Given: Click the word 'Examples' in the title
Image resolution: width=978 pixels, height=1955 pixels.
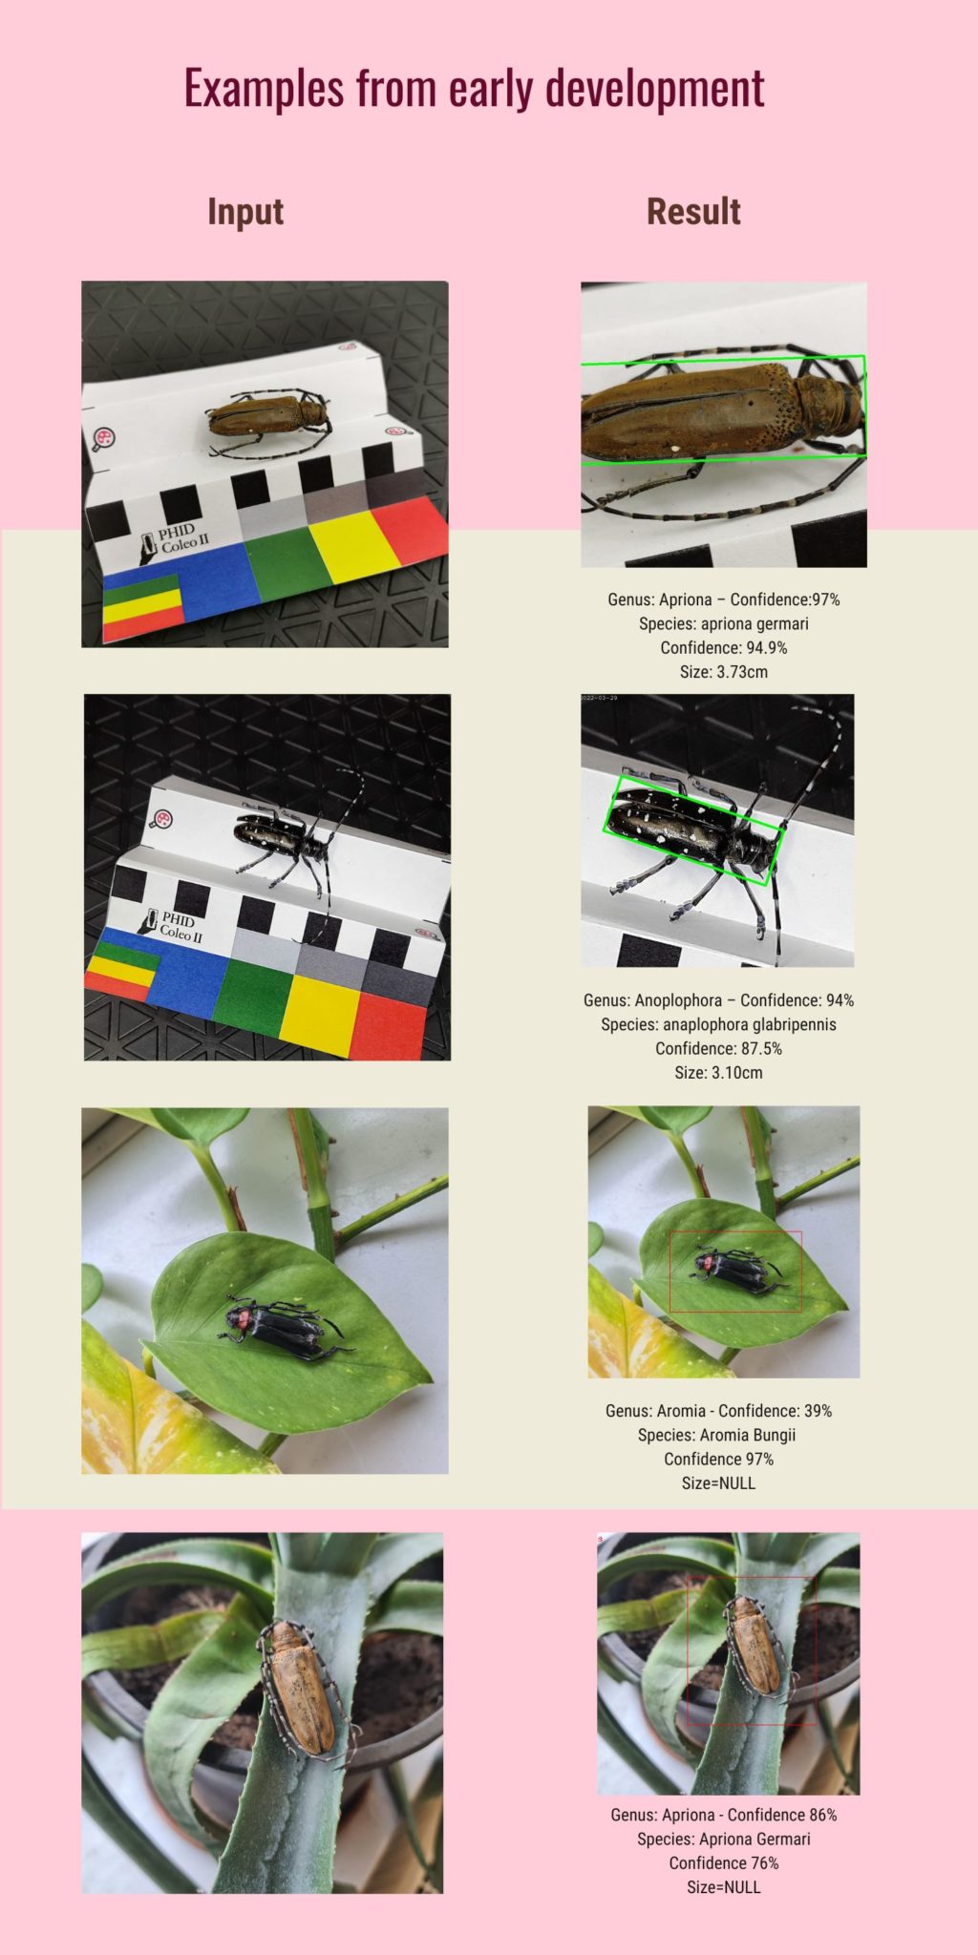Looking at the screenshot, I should (264, 89).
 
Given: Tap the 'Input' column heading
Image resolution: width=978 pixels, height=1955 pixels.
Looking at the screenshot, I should (245, 211).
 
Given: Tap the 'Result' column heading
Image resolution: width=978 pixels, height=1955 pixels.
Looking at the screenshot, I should (693, 211).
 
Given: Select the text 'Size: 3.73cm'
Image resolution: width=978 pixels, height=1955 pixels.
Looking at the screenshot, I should (723, 672).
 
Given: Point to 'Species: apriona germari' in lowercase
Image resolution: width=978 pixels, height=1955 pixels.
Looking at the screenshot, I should (723, 624).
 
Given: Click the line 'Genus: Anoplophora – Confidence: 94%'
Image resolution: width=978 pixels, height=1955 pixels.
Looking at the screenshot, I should (718, 1000).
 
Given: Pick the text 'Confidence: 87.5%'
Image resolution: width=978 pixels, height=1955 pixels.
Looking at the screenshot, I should (718, 1048).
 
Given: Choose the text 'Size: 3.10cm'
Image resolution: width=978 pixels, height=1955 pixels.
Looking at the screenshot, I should (718, 1072).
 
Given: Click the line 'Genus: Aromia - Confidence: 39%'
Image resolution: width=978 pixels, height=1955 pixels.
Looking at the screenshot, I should (718, 1411).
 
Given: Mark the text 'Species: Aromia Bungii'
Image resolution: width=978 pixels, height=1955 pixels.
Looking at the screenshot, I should (716, 1435).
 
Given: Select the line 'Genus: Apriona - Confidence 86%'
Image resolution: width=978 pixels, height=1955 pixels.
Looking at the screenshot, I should (724, 1815).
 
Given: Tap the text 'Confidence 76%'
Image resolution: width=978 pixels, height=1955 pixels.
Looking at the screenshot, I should (724, 1862).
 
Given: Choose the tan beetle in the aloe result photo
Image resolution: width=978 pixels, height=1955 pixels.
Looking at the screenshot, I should (755, 1647).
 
